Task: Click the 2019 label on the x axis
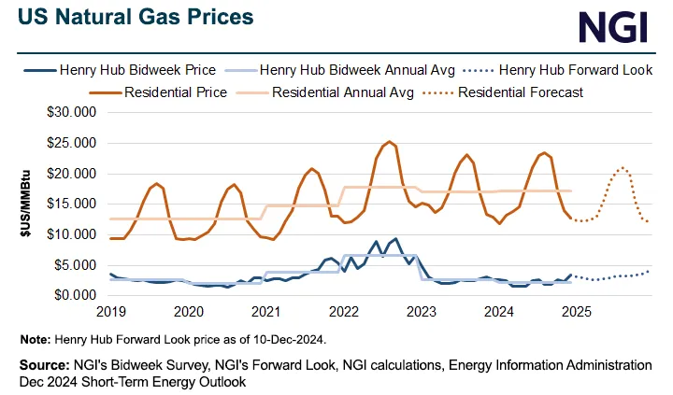[x=111, y=312]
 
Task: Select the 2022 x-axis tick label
[x=343, y=312]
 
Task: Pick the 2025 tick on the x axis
[x=574, y=312]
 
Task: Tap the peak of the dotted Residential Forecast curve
[x=622, y=168]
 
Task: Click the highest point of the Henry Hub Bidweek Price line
[x=395, y=238]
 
